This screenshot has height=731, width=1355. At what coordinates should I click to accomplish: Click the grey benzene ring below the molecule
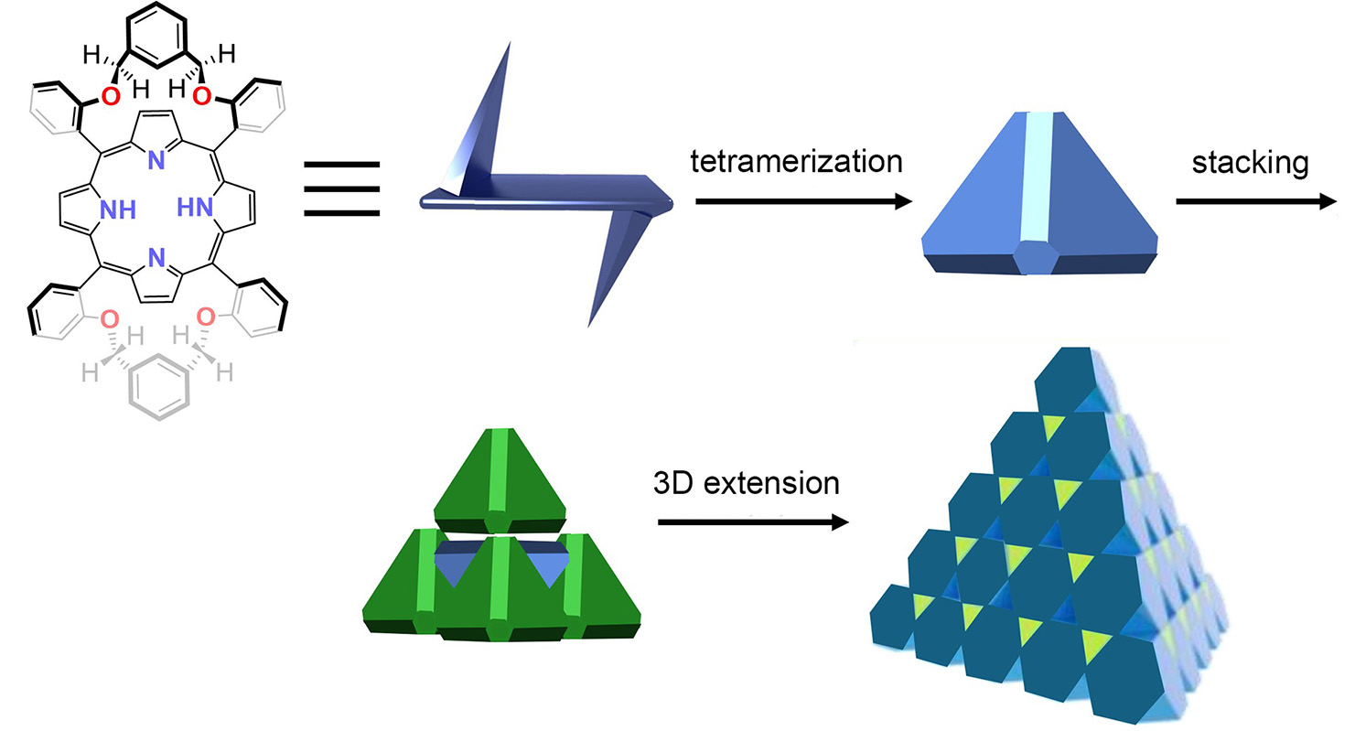(159, 392)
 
